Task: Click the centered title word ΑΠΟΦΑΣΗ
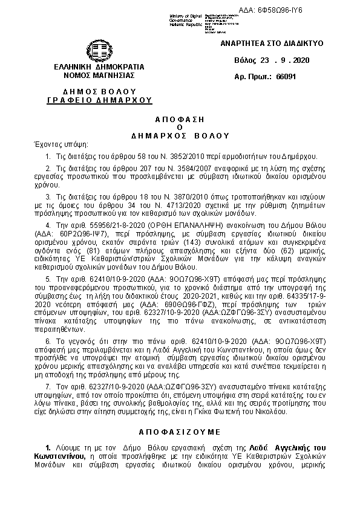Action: (x=180, y=119)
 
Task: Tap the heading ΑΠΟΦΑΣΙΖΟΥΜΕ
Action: (x=180, y=433)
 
